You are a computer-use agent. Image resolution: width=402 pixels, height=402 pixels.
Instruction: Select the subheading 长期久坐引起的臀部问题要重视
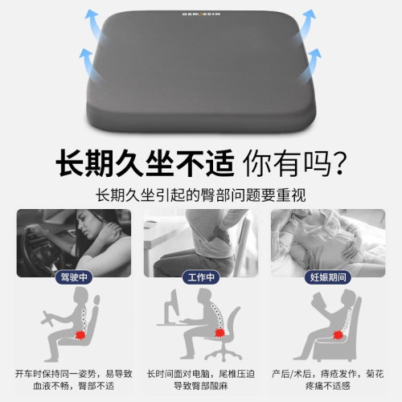[200, 196]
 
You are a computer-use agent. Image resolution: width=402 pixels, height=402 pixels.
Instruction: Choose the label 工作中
[200, 277]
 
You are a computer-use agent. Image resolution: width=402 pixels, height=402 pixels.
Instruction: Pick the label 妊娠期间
[327, 277]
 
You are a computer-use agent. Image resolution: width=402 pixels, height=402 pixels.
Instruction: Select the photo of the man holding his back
[200, 241]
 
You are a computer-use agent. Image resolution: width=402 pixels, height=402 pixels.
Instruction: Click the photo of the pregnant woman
[327, 241]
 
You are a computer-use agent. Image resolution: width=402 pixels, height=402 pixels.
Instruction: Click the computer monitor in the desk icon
[171, 310]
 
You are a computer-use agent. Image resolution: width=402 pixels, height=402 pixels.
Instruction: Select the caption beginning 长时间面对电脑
[200, 380]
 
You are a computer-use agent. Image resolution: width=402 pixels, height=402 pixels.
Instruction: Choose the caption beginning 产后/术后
[327, 380]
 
